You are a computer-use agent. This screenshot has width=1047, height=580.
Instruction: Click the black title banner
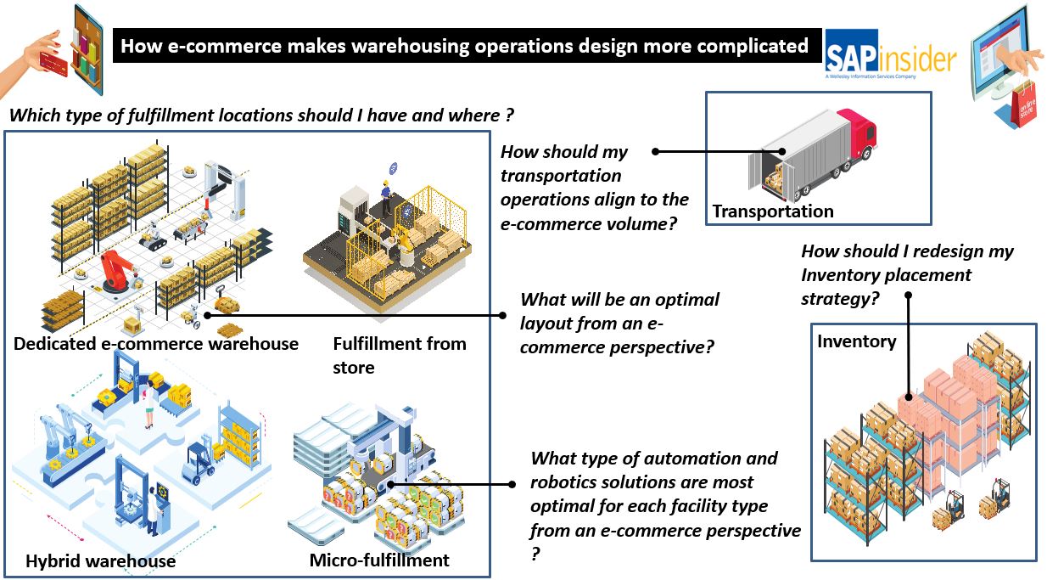[465, 46]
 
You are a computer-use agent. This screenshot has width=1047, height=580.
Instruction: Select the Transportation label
[773, 211]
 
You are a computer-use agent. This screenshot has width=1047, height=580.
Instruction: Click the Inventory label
[856, 341]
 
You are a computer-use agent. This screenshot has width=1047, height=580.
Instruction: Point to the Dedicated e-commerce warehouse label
[156, 344]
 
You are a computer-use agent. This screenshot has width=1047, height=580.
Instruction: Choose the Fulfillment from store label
[399, 355]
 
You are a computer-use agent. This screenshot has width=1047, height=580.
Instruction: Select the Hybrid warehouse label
[100, 560]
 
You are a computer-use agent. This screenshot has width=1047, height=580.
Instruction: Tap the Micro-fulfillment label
[379, 560]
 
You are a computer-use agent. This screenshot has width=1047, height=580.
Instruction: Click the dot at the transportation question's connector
[656, 152]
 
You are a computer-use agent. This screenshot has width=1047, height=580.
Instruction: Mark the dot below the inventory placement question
[908, 296]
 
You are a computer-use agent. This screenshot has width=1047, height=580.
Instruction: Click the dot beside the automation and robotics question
[512, 485]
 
